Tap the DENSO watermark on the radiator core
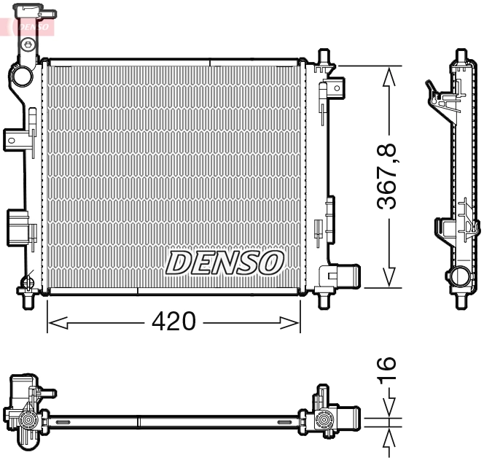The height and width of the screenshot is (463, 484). click(x=225, y=262)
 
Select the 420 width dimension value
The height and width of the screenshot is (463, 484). click(x=174, y=321)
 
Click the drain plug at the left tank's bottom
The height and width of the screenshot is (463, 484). click(x=28, y=283)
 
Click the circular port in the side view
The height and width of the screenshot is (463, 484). click(x=460, y=277)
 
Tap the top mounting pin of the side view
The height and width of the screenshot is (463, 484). click(x=460, y=56)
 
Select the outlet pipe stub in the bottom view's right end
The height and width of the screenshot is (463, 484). click(x=348, y=420)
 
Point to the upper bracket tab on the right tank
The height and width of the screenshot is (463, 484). click(x=335, y=88)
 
